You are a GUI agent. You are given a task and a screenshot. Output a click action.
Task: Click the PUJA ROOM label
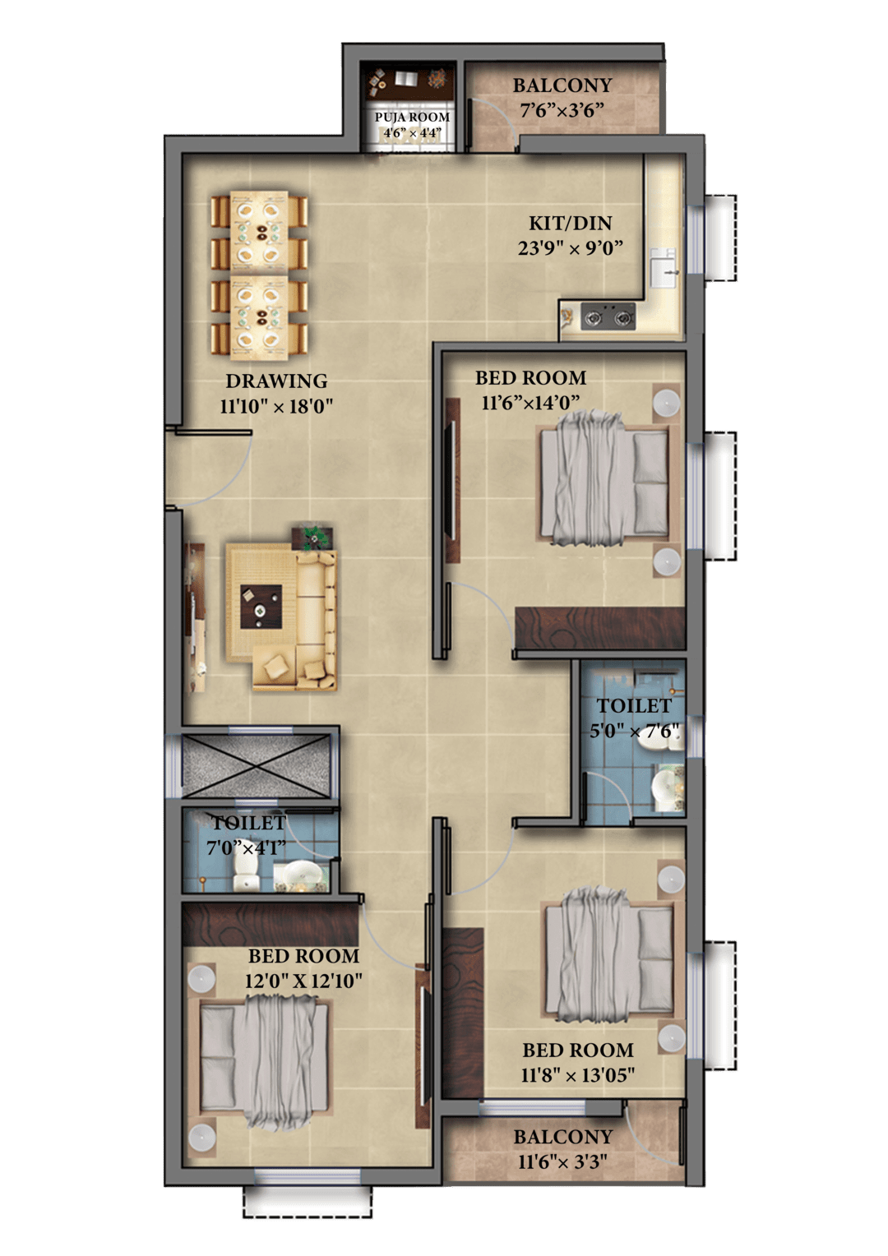tap(412, 118)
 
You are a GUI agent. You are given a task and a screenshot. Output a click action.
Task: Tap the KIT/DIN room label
tap(570, 223)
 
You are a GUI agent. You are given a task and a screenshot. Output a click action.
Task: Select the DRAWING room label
tap(276, 381)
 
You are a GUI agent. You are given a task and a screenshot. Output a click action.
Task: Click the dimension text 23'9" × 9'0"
tap(570, 248)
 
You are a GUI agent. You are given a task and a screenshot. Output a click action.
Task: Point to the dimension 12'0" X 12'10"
tap(303, 981)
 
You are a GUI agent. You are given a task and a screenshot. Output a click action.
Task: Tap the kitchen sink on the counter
tap(664, 268)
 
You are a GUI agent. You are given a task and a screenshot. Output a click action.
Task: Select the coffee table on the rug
tap(261, 607)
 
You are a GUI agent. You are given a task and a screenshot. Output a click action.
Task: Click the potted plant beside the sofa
tap(312, 538)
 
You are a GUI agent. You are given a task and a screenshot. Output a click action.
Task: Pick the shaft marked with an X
tap(257, 764)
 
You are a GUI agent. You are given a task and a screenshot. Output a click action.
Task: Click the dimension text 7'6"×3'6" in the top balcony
tap(562, 110)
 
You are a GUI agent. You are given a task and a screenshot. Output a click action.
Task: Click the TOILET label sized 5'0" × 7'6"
tap(634, 706)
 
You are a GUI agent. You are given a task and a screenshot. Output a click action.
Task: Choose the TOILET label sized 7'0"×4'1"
tap(249, 823)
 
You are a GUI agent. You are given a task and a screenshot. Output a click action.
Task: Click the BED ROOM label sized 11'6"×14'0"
tap(530, 378)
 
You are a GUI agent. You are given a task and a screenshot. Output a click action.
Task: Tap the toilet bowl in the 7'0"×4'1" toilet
tap(246, 877)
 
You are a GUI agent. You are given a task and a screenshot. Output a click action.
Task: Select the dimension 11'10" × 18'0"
tap(276, 406)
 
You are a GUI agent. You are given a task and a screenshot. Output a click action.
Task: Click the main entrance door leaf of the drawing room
tap(213, 432)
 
